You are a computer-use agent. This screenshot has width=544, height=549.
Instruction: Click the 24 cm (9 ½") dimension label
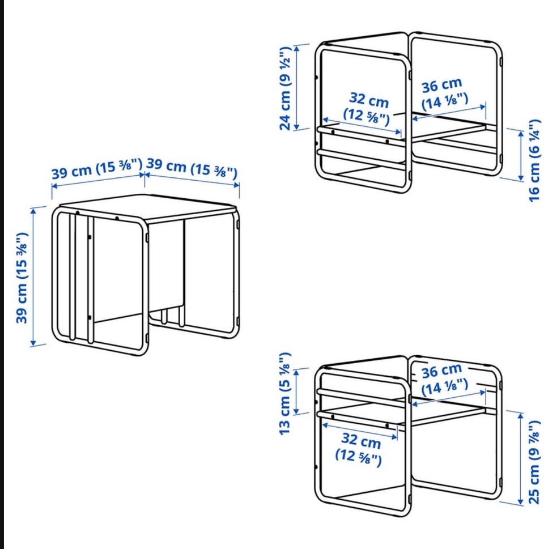[285, 88]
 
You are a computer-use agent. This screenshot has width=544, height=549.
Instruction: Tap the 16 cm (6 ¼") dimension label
[534, 161]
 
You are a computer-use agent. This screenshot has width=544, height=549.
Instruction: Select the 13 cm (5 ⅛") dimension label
[285, 394]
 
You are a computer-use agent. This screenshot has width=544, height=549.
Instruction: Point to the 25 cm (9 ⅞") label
[534, 462]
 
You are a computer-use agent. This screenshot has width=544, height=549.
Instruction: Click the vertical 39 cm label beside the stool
[22, 278]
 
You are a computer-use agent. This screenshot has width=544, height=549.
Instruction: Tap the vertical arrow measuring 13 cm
[297, 391]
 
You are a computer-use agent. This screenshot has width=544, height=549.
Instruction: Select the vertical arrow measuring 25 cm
[521, 458]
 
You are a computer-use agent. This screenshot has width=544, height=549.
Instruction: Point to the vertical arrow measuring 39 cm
[33, 276]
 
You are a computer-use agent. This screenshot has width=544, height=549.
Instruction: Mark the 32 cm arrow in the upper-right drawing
[362, 126]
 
